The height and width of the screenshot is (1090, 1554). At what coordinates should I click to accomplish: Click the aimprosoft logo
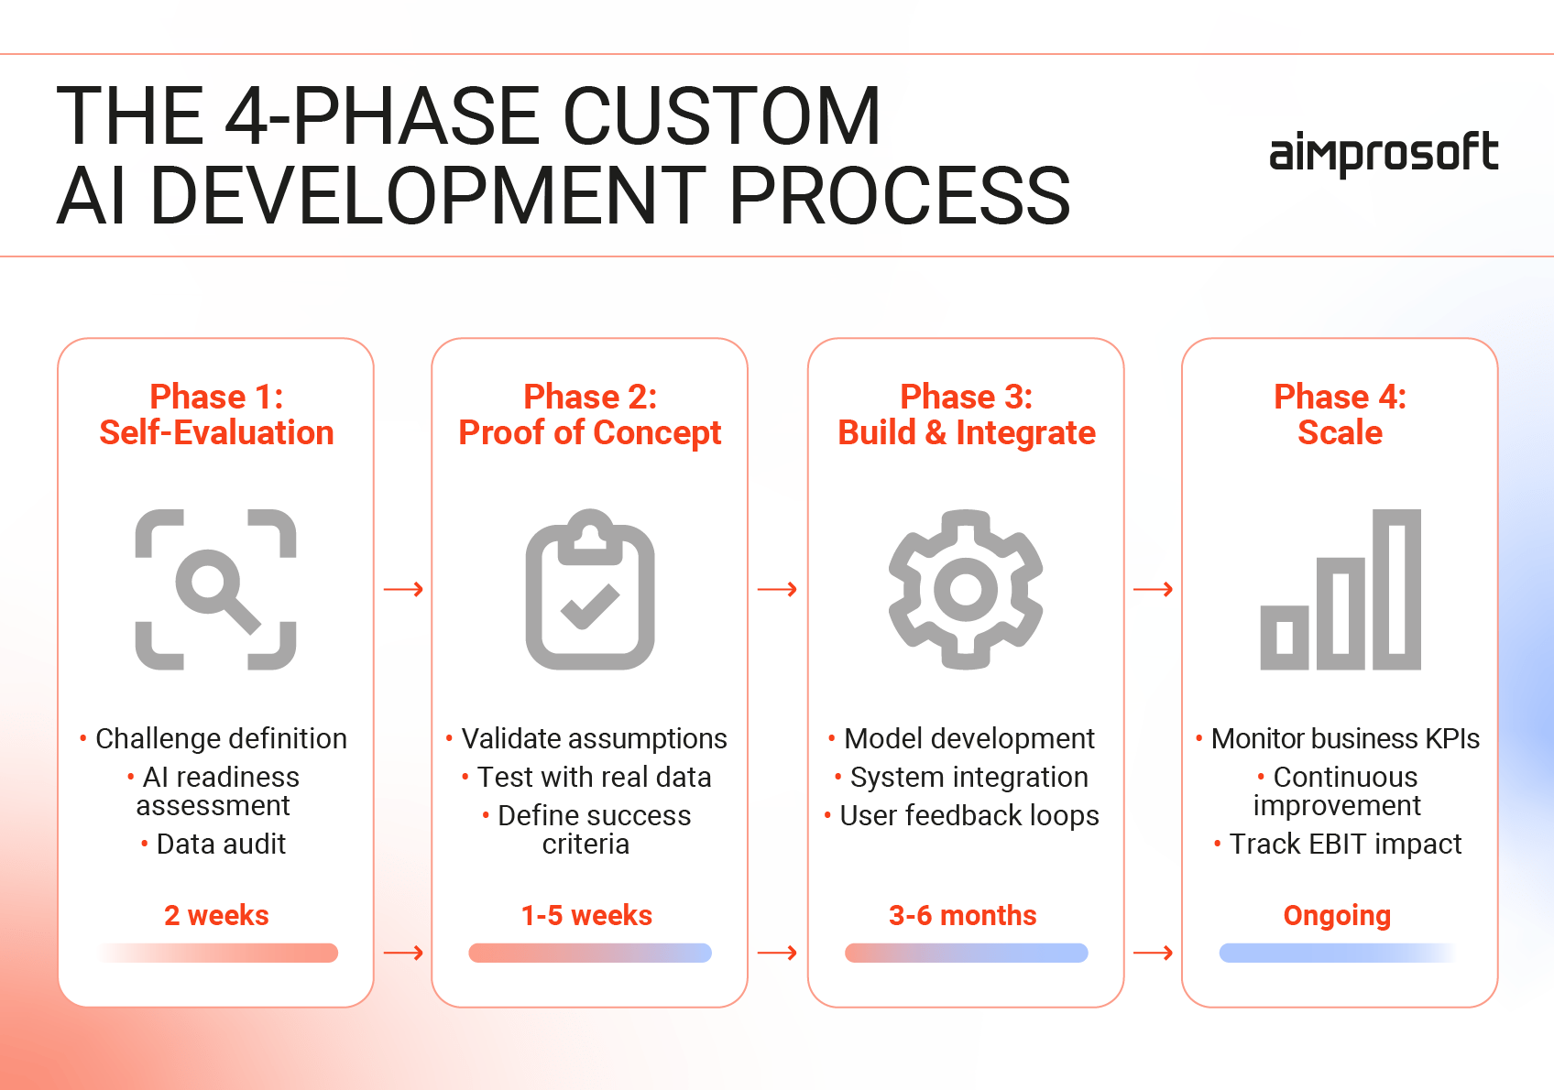[x=1383, y=153]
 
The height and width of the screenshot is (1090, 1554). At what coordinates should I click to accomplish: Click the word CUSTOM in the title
[x=721, y=116]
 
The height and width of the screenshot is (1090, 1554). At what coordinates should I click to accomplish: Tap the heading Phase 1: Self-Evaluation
[x=216, y=415]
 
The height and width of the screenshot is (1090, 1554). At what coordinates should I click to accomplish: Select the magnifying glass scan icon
[x=216, y=589]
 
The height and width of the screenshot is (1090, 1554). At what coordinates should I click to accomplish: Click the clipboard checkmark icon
[x=590, y=589]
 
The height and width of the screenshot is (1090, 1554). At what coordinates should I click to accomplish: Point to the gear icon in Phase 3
[x=966, y=589]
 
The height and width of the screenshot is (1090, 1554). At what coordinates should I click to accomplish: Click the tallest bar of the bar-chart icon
[x=1396, y=589]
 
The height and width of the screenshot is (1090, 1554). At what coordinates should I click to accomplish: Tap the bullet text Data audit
[x=220, y=844]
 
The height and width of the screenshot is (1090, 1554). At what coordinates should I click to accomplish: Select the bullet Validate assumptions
[x=593, y=738]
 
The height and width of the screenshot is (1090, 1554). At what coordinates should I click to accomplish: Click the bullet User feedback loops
[x=969, y=815]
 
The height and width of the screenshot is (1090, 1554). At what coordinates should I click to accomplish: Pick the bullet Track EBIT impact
[x=1344, y=844]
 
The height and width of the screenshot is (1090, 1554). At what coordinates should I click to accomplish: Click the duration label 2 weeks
[x=216, y=915]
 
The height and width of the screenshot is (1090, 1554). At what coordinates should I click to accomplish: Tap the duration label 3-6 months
[x=962, y=915]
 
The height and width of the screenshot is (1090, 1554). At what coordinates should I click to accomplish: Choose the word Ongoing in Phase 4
[x=1337, y=915]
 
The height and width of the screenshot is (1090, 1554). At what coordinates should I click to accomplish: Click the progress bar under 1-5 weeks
[x=590, y=953]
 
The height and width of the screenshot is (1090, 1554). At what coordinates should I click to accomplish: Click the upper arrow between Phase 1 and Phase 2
[x=403, y=589]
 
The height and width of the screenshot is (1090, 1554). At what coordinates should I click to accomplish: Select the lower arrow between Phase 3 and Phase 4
[x=1153, y=954]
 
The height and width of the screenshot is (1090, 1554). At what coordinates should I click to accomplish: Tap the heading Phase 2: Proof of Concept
[x=590, y=415]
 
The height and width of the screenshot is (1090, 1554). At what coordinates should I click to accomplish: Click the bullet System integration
[x=969, y=777]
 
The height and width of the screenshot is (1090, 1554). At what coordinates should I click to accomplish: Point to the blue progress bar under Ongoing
[x=1337, y=953]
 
